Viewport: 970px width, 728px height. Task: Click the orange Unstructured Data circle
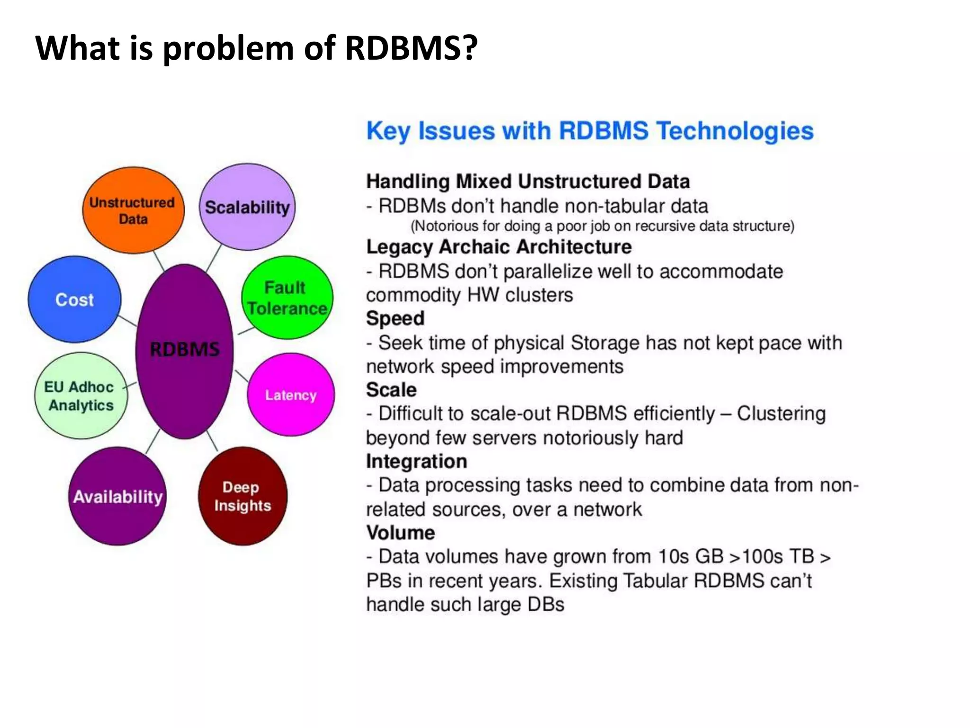(x=133, y=210)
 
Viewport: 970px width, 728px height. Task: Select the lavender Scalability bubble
(x=247, y=207)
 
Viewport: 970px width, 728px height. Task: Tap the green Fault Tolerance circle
(x=287, y=298)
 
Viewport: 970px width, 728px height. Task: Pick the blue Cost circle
(x=74, y=300)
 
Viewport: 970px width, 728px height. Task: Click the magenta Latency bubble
(x=290, y=395)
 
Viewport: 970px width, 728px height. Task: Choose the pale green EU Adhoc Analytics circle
(x=81, y=396)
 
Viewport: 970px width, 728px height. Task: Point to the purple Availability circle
(x=117, y=496)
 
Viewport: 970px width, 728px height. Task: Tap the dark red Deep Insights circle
(x=242, y=496)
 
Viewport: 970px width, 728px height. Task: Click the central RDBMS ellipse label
(x=184, y=349)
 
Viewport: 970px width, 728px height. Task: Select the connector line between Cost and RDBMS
(x=127, y=320)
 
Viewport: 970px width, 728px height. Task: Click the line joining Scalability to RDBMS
(x=214, y=258)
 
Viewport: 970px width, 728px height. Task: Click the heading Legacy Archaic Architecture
(x=499, y=247)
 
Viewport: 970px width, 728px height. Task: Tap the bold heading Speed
(x=395, y=318)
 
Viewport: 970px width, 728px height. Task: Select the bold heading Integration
(x=416, y=461)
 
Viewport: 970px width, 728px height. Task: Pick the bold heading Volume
(x=400, y=533)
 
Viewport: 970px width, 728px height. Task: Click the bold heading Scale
(x=391, y=390)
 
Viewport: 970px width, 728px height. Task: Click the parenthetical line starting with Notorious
(x=602, y=226)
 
